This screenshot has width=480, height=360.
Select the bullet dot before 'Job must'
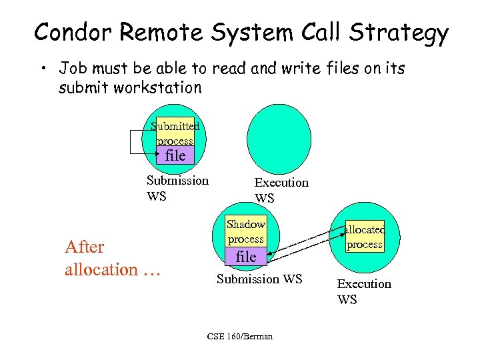41,69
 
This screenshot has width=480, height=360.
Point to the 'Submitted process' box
175,133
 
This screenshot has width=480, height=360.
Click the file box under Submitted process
175,155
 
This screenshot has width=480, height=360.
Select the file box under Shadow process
245,256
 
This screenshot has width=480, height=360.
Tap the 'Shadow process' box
245,231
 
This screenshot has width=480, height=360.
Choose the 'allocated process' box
364,237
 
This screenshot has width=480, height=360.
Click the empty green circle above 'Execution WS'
279,139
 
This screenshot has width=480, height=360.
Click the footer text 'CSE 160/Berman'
239,336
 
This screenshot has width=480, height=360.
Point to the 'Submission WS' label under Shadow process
259,279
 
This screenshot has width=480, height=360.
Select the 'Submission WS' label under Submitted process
177,187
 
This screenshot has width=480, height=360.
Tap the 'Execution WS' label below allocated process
363,291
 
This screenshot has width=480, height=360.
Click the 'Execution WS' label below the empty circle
281,189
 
